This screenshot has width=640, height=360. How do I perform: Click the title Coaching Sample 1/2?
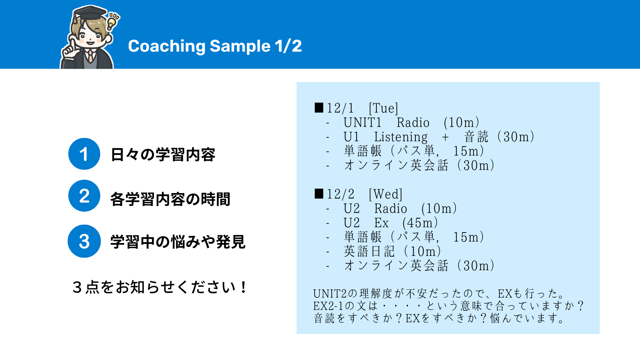pyautogui.click(x=215, y=46)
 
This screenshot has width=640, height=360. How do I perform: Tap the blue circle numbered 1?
pyautogui.click(x=84, y=154)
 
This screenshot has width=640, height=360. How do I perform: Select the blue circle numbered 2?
pyautogui.click(x=84, y=196)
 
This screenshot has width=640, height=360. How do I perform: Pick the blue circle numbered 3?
pyautogui.click(x=84, y=241)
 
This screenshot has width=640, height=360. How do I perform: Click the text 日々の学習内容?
pyautogui.click(x=163, y=155)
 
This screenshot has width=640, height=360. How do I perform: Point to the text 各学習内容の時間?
pyautogui.click(x=170, y=199)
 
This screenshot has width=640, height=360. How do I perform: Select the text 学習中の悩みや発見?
pyautogui.click(x=178, y=242)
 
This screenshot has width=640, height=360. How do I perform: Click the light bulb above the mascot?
pyautogui.click(x=112, y=22)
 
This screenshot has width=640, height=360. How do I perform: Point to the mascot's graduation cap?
pyautogui.click(x=89, y=14)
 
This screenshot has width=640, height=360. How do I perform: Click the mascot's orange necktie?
pyautogui.click(x=90, y=56)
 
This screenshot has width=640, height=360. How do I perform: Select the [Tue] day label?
pyautogui.click(x=383, y=108)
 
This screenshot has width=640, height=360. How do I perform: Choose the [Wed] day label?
pyautogui.click(x=385, y=194)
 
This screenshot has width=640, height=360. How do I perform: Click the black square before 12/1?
pyautogui.click(x=319, y=108)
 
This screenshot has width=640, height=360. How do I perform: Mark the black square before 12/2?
pyautogui.click(x=319, y=194)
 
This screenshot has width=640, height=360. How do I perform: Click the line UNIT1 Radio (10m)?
pyautogui.click(x=411, y=123)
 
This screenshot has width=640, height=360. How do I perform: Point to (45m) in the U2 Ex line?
pyautogui.click(x=420, y=223)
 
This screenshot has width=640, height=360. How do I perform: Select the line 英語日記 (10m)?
pyautogui.click(x=392, y=251)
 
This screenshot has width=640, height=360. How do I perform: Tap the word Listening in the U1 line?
pyautogui.click(x=401, y=137)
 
